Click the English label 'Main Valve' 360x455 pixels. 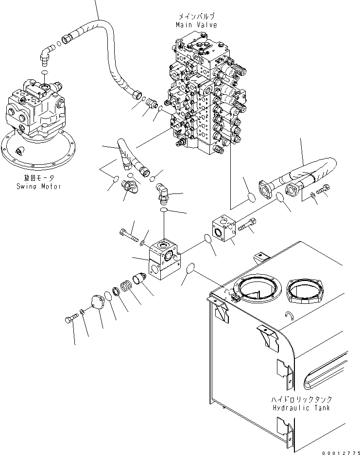196,24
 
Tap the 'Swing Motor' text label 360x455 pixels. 39,186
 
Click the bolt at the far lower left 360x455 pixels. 71,319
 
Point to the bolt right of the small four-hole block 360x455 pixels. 248,225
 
